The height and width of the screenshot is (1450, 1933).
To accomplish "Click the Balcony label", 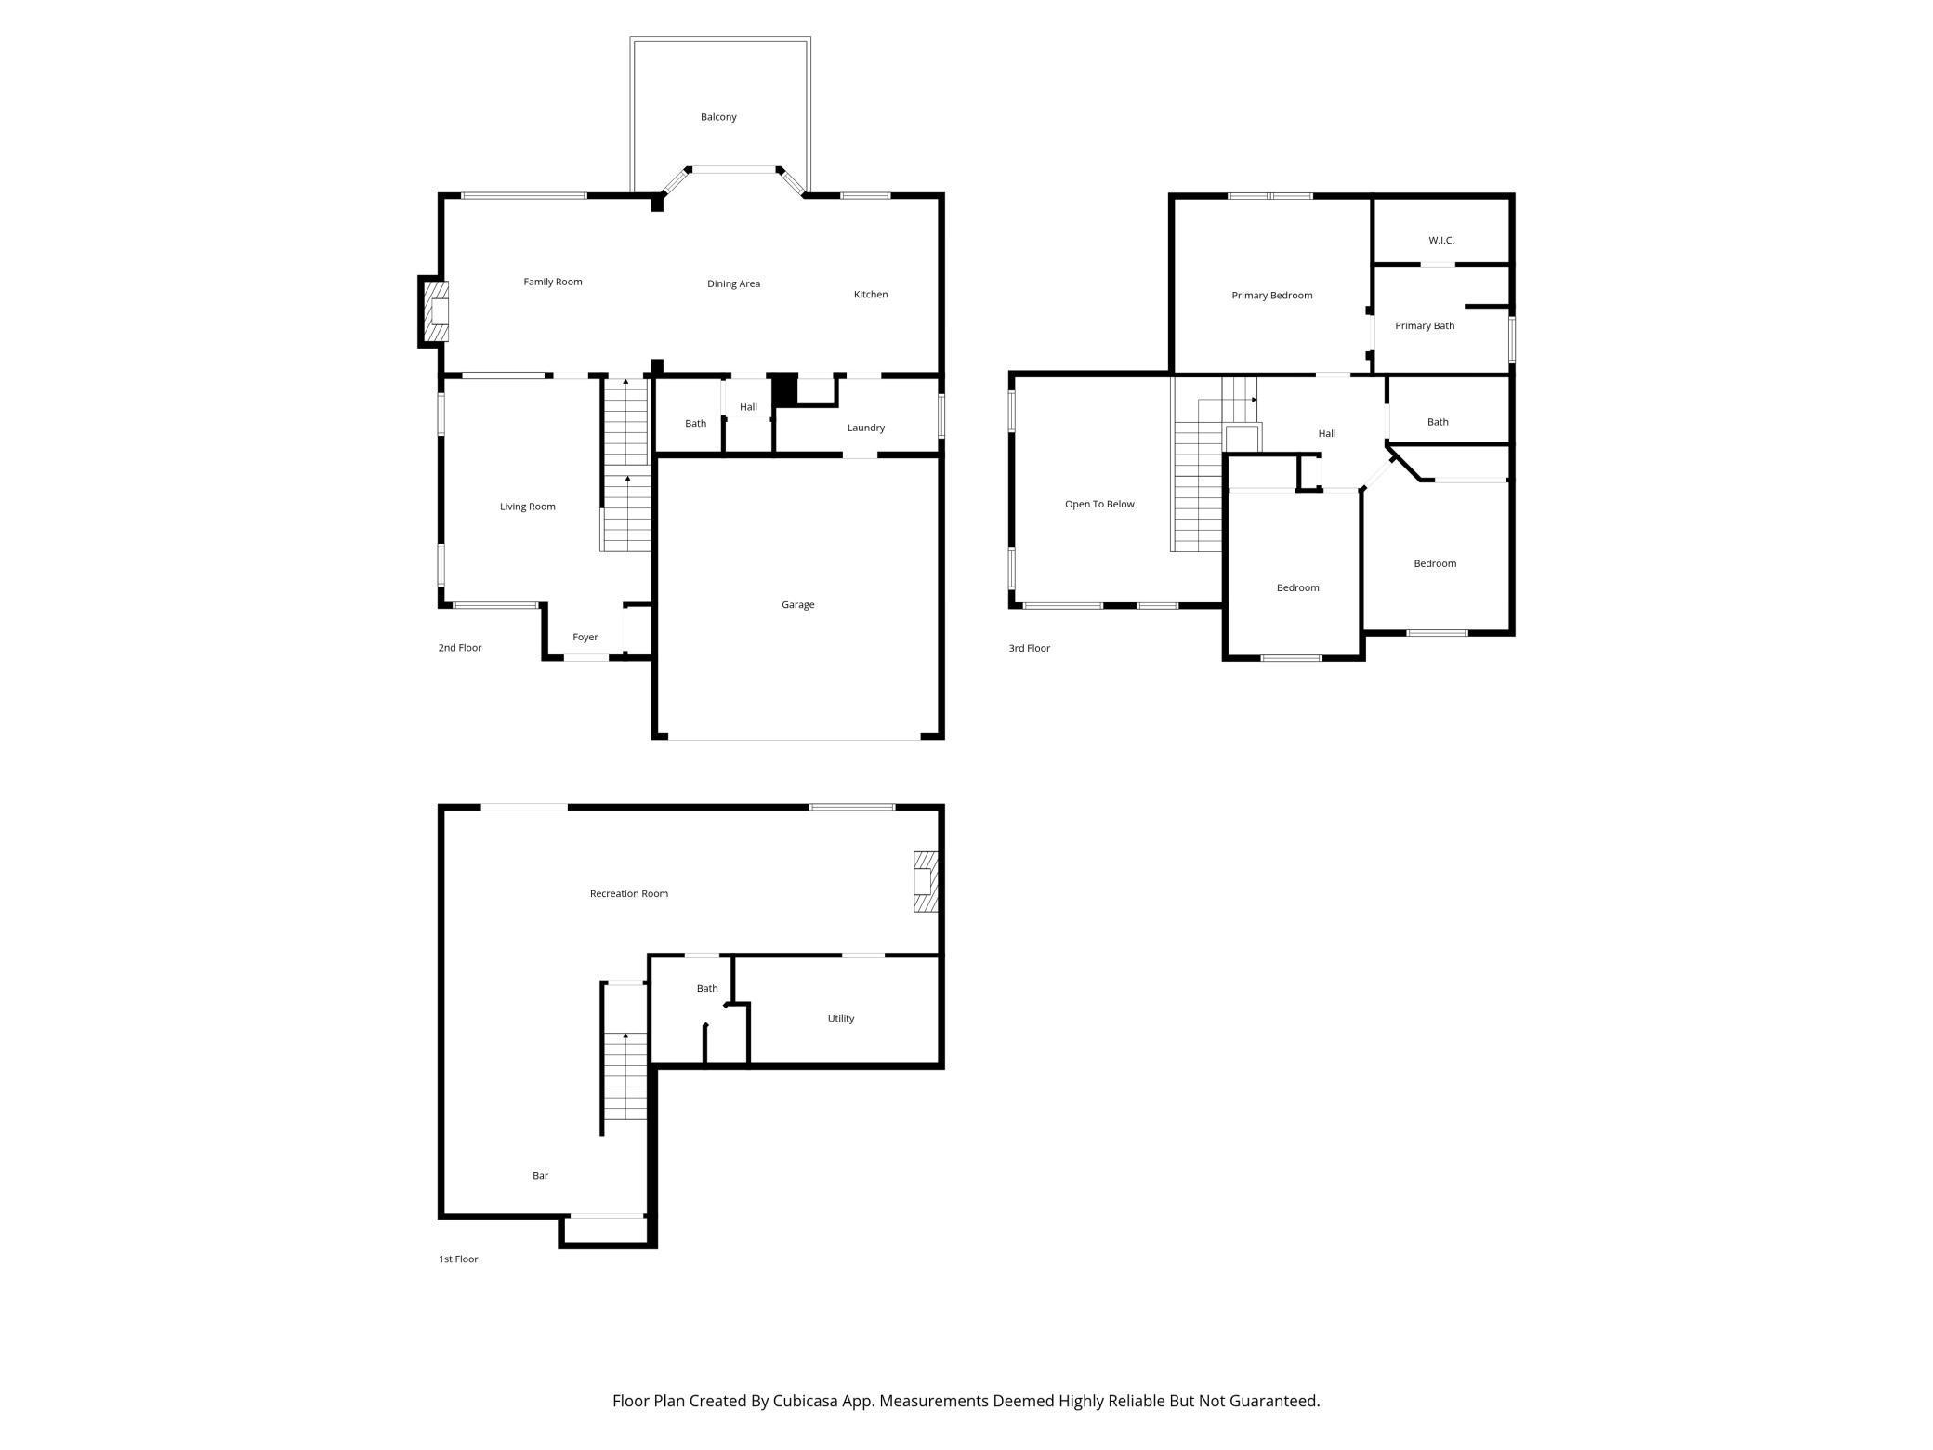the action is [x=718, y=117].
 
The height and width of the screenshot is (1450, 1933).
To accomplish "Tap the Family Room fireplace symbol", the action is [x=436, y=311].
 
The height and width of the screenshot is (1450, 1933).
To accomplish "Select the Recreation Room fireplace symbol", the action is [x=926, y=881].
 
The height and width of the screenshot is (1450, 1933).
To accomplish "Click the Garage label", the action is [x=797, y=605].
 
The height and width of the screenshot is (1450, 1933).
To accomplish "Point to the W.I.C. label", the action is [x=1441, y=241].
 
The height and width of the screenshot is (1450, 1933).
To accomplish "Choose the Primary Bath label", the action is [x=1425, y=326].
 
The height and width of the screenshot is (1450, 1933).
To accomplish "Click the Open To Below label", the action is [x=1099, y=505].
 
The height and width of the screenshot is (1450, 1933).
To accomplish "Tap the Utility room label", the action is [x=841, y=1019].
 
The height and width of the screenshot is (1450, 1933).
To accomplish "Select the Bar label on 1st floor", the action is [x=540, y=1176].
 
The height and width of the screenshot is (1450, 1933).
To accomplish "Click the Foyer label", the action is [x=585, y=638].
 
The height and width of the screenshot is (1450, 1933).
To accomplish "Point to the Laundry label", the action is [x=866, y=428].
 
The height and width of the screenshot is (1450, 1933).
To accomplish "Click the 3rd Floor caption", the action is [x=1030, y=649].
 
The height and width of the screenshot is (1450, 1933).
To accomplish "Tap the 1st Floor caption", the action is [x=458, y=1259].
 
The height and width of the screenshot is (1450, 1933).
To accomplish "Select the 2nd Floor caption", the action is [x=460, y=648].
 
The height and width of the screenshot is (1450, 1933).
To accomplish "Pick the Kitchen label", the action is [x=871, y=295].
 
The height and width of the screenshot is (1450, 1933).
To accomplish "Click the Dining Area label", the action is [x=733, y=284].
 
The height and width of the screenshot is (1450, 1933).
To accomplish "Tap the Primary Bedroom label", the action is [x=1272, y=296].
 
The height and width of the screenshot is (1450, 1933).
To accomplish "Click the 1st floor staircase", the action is [x=625, y=1076].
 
